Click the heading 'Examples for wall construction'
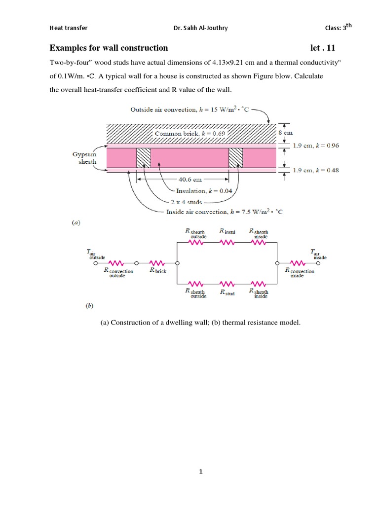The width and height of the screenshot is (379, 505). [109, 48]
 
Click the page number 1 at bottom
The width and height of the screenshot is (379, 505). [200, 471]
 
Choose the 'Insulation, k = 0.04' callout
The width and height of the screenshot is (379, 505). [207, 190]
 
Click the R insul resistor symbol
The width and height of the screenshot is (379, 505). [227, 242]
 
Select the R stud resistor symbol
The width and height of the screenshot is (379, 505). [227, 284]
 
